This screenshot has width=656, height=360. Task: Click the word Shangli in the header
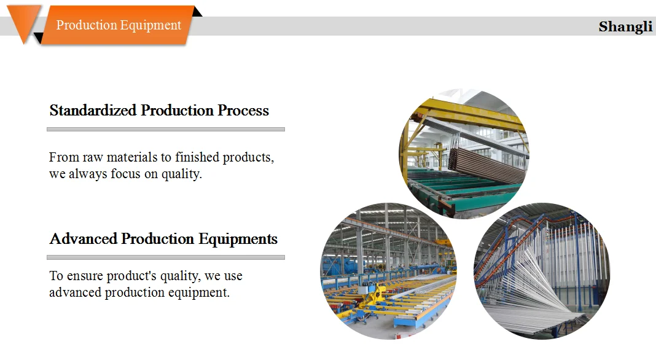coord(625,27)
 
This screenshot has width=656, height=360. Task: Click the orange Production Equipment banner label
coord(119,25)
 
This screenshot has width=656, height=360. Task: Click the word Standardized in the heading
coord(93,111)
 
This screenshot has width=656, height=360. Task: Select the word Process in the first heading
coord(243,111)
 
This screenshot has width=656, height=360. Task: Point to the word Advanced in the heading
coord(84,238)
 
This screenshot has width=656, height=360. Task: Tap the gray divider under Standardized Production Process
coord(166,130)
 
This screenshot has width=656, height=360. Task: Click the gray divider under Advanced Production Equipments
coord(166,257)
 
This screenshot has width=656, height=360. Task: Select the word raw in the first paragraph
coord(93,157)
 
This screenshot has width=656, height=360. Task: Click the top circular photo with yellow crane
coord(464,154)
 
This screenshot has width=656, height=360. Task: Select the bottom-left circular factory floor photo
coord(388,271)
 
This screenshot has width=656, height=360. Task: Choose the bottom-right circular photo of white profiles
coord(542,271)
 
